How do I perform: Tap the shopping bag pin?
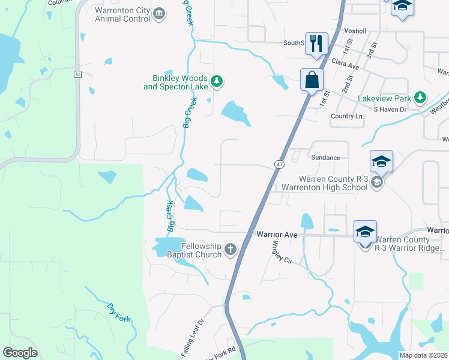click(x=312, y=80)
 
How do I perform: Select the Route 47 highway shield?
click(x=280, y=164)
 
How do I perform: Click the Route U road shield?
click(x=77, y=74)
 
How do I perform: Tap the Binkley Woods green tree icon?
click(x=217, y=81)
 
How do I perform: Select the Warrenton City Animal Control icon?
click(x=159, y=14)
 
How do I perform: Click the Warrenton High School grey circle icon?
click(x=377, y=182)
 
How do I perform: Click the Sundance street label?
click(x=326, y=158)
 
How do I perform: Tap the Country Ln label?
click(x=346, y=116)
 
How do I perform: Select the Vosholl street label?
click(x=355, y=31)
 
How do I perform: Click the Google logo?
click(x=20, y=353)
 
